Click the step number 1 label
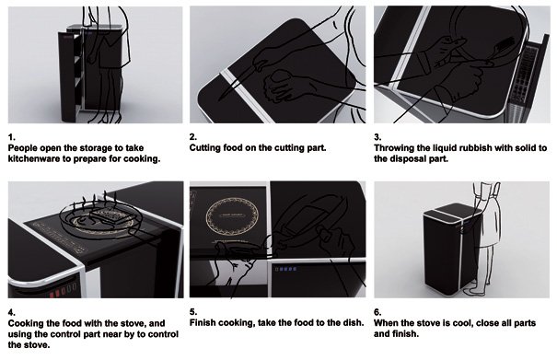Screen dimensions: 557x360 (x=12, y=137)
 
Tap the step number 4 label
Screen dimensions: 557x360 (x=12, y=312)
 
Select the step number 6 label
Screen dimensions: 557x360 (x=377, y=312)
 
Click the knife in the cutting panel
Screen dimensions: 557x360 (x=241, y=79)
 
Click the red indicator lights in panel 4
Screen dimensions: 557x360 (x=63, y=291)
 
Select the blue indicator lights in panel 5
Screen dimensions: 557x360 (x=286, y=269)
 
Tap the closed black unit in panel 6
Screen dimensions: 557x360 (x=452, y=249)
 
